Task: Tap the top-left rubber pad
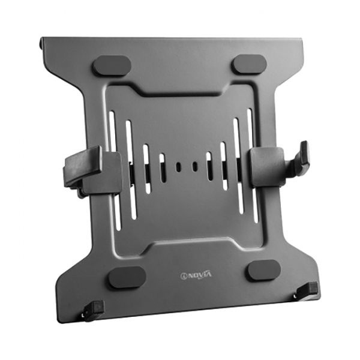pyautogui.click(x=112, y=65)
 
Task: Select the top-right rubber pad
pyautogui.click(x=250, y=64)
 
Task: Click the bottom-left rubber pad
pyautogui.click(x=127, y=277)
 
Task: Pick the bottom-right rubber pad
pyautogui.click(x=264, y=270)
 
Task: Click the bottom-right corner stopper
pyautogui.click(x=306, y=290)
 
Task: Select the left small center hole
pyautogui.click(x=178, y=167)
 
